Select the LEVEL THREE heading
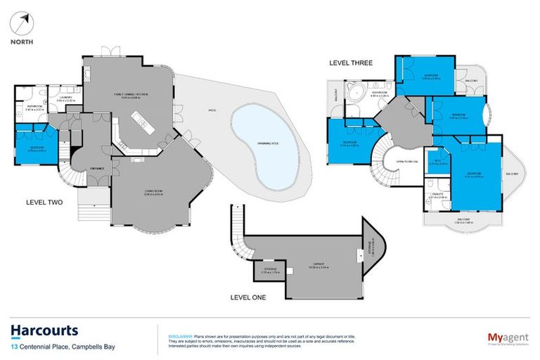click(x=351, y=63)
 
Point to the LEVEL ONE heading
click(x=249, y=297)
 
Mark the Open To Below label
click(x=407, y=161)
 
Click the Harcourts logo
click(x=44, y=330)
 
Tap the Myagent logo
click(x=508, y=338)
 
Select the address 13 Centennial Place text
click(x=63, y=347)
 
